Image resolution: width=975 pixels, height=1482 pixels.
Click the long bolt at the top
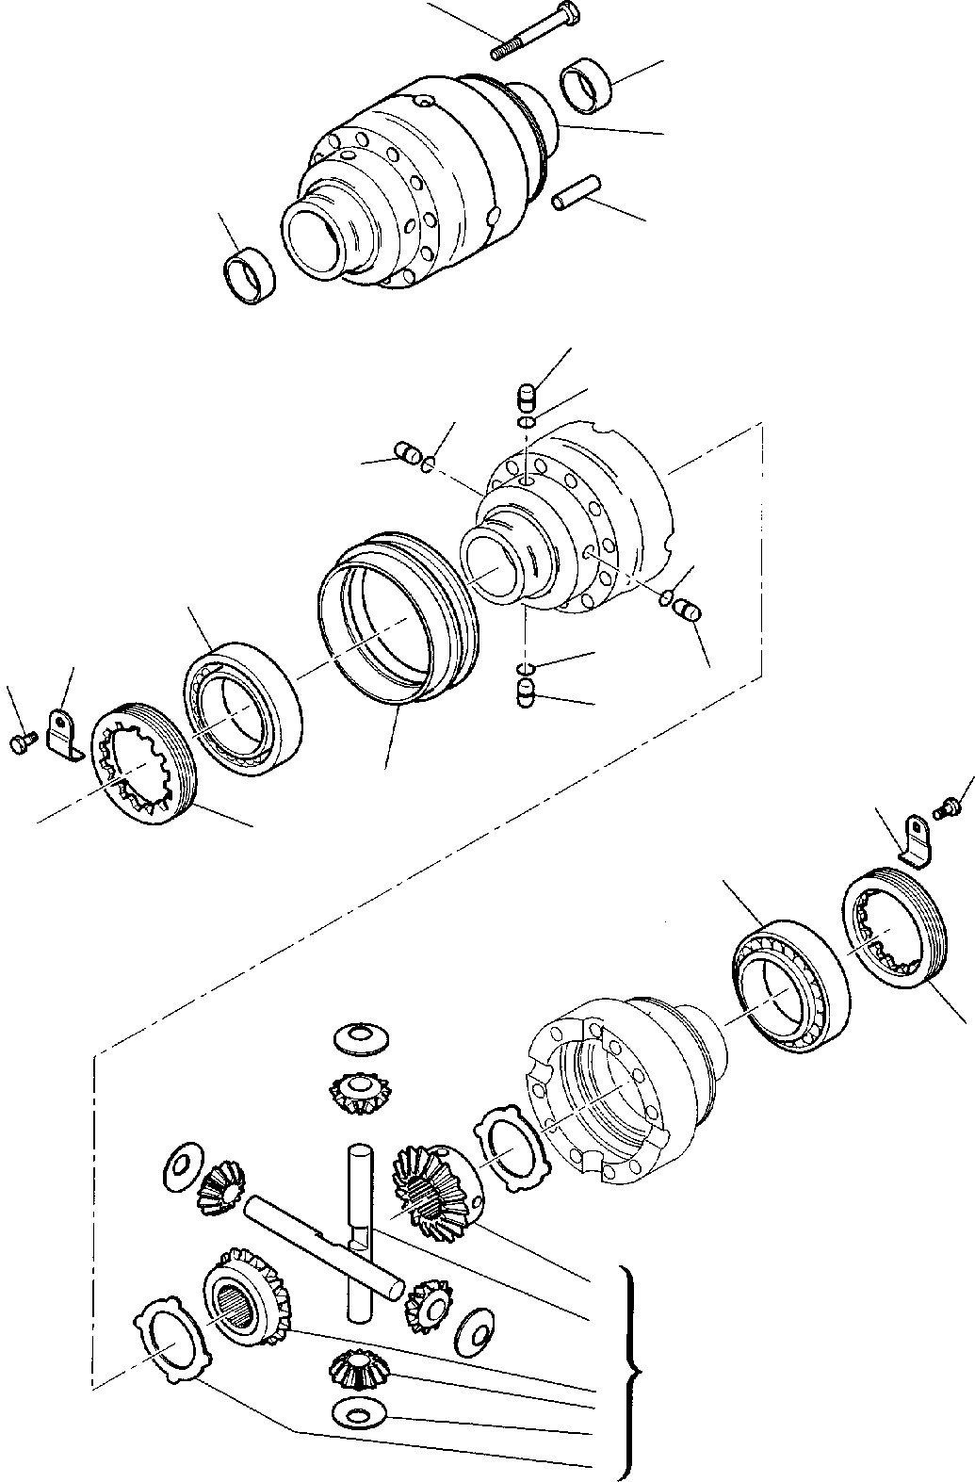[537, 30]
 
